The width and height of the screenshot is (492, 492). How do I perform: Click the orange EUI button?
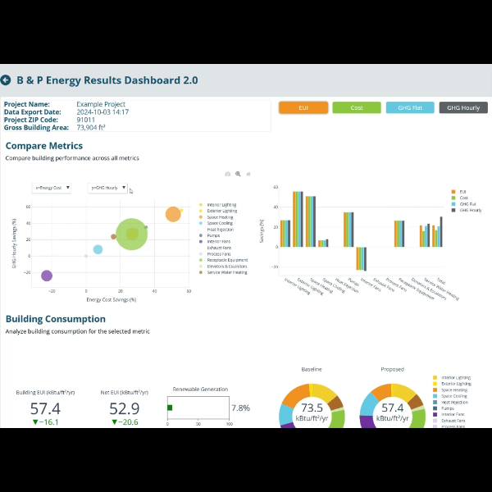pos(303,107)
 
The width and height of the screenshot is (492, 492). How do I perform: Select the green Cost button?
pos(357,107)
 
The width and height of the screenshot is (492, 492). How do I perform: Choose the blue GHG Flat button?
pos(410,107)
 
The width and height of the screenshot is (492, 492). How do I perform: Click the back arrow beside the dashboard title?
pos(7,80)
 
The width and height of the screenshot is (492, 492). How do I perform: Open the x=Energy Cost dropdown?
pos(52,188)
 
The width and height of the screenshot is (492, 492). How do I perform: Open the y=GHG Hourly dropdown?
pos(108,188)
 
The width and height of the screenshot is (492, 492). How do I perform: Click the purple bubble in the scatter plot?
pos(47,276)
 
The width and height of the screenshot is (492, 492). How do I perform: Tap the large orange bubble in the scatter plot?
pos(173,214)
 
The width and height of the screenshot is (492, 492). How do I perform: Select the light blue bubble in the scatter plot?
pos(98,249)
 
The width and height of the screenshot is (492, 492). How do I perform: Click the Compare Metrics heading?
pos(43,146)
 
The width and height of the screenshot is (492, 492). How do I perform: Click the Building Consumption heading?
pos(56,319)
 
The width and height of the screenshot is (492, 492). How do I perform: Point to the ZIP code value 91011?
pos(87,120)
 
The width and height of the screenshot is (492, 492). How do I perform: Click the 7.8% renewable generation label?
pos(240,408)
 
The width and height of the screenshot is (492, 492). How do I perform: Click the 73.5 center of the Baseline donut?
pos(312,408)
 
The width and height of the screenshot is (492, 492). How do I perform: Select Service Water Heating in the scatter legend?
pos(227,272)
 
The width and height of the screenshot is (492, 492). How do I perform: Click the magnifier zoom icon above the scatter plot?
pos(238,174)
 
